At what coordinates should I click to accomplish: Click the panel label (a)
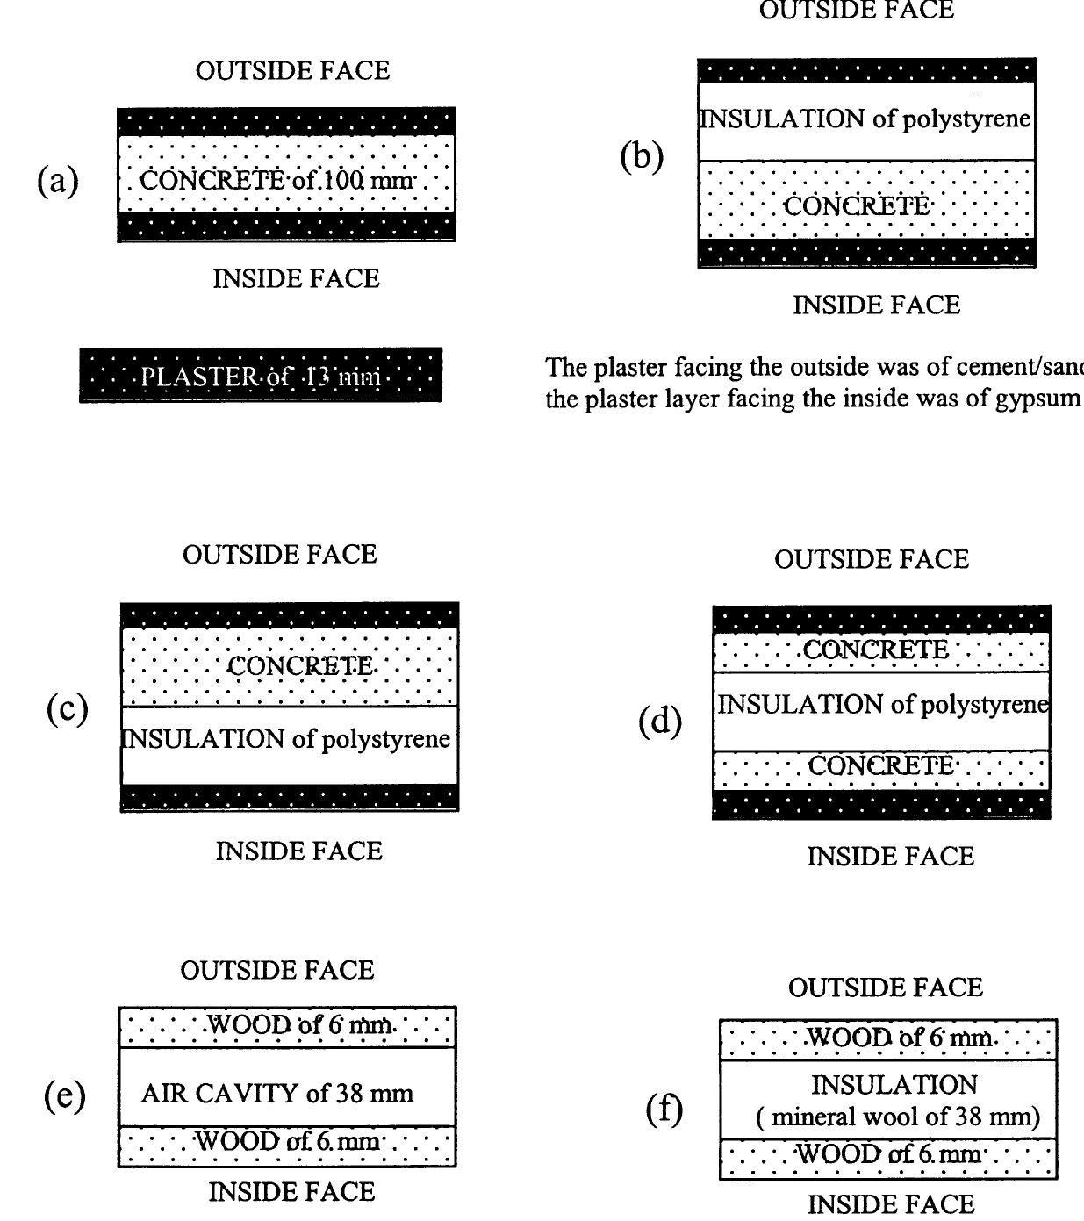58,181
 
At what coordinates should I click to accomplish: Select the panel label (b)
642,156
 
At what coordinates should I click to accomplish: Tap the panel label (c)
67,708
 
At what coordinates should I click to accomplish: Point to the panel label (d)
660,722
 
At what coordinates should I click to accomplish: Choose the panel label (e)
65,1095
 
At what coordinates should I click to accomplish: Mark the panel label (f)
664,1110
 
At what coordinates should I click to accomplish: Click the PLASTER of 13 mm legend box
261,376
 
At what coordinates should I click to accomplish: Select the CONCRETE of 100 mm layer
286,181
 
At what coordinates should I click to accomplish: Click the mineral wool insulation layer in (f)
888,1101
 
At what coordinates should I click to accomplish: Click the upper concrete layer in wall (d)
880,651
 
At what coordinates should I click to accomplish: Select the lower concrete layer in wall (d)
880,767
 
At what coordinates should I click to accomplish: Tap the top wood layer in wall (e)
287,1025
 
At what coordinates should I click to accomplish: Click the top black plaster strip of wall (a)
286,121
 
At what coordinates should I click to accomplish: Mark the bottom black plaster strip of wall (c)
289,797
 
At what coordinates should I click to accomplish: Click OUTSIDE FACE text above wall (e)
277,970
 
